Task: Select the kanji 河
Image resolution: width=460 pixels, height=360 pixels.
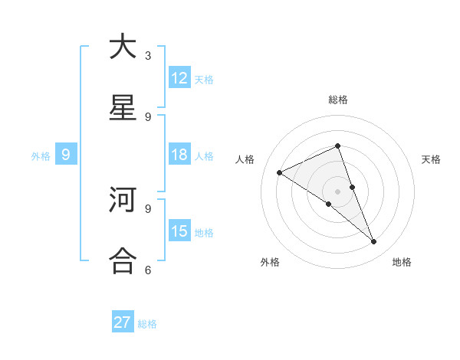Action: pos(123,201)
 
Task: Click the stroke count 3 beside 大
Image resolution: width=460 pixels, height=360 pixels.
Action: pos(148,56)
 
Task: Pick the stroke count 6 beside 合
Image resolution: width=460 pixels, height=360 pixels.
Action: pos(148,270)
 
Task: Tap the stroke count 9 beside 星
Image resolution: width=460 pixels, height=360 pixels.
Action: pos(148,116)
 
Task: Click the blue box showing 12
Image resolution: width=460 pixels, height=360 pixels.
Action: pos(179,77)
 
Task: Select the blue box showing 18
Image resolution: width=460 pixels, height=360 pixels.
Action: pos(179,155)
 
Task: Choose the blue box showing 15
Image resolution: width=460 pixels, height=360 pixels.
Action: pos(179,231)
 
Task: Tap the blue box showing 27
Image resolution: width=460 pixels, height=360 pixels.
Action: pos(123,322)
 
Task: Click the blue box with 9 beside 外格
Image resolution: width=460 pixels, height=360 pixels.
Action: pos(66,155)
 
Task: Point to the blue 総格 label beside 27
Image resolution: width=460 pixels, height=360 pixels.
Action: pos(147,324)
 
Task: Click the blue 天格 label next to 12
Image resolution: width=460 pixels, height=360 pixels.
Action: pos(204,80)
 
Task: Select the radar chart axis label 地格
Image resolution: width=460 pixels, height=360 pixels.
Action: pos(402,263)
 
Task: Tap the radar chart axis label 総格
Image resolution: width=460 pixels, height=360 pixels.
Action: pos(337,100)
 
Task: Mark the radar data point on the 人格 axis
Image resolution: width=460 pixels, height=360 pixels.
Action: pos(279,172)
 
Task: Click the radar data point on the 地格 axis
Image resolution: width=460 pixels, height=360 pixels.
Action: pos(374,242)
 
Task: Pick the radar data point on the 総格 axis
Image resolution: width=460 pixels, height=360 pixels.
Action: pos(337,146)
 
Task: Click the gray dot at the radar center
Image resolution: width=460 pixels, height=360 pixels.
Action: pos(337,191)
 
